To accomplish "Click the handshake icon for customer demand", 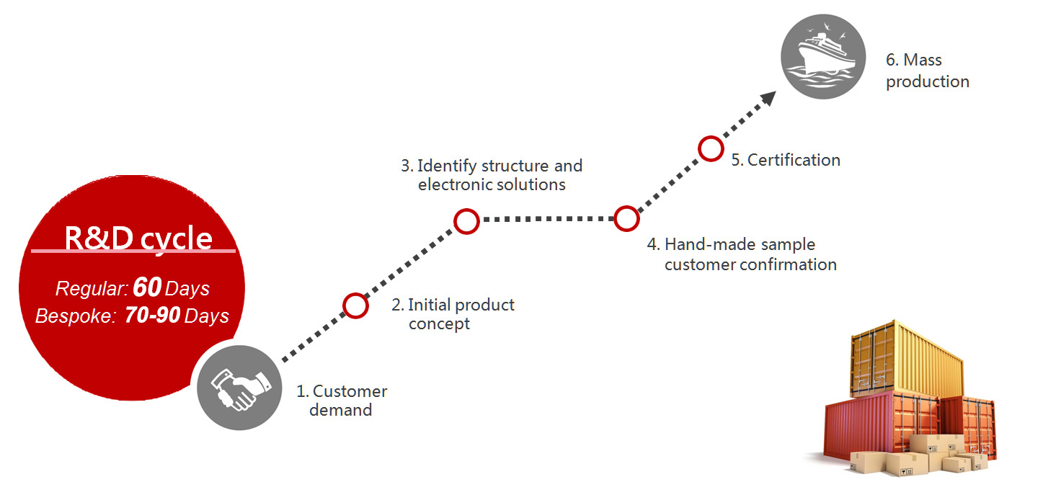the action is (239, 388).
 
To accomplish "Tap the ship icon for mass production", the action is (823, 56).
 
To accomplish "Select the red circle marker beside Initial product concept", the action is (355, 306).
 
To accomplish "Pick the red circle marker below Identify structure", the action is (466, 221).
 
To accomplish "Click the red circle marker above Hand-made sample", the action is (626, 219).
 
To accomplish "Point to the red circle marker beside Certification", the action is (711, 149).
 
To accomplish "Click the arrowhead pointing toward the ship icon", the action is (768, 98).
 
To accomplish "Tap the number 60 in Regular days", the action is (147, 287).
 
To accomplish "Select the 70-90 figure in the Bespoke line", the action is (152, 315).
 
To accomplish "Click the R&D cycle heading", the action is (138, 238).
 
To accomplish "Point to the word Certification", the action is (794, 160).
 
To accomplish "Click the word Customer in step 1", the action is (350, 391).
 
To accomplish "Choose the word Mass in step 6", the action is (923, 60).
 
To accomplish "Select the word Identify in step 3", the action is (446, 166).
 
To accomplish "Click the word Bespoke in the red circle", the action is (74, 316).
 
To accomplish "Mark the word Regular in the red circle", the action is (92, 289).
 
